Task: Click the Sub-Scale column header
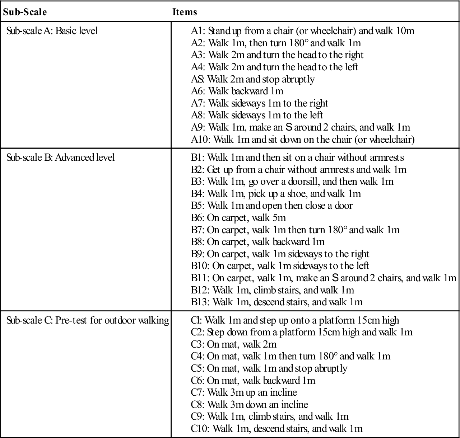pyautogui.click(x=25, y=12)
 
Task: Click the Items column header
pyautogui.click(x=185, y=12)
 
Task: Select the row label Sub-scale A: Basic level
pyautogui.click(x=52, y=31)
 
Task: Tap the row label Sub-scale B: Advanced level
pyautogui.click(x=61, y=157)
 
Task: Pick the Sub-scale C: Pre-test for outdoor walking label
pyautogui.click(x=88, y=320)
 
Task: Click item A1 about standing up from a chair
pyautogui.click(x=302, y=31)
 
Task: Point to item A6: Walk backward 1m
pyautogui.click(x=237, y=91)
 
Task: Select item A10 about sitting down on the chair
pyautogui.click(x=302, y=139)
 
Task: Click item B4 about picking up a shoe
pyautogui.click(x=275, y=194)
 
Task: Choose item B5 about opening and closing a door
pyautogui.click(x=271, y=206)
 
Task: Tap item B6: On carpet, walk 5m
pyautogui.click(x=238, y=218)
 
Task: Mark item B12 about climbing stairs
pyautogui.click(x=272, y=290)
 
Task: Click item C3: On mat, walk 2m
pyautogui.click(x=233, y=344)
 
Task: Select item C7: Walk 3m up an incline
pyautogui.click(x=244, y=392)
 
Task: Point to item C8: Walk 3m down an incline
pyautogui.click(x=249, y=405)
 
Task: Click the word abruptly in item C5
pyautogui.click(x=330, y=368)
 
